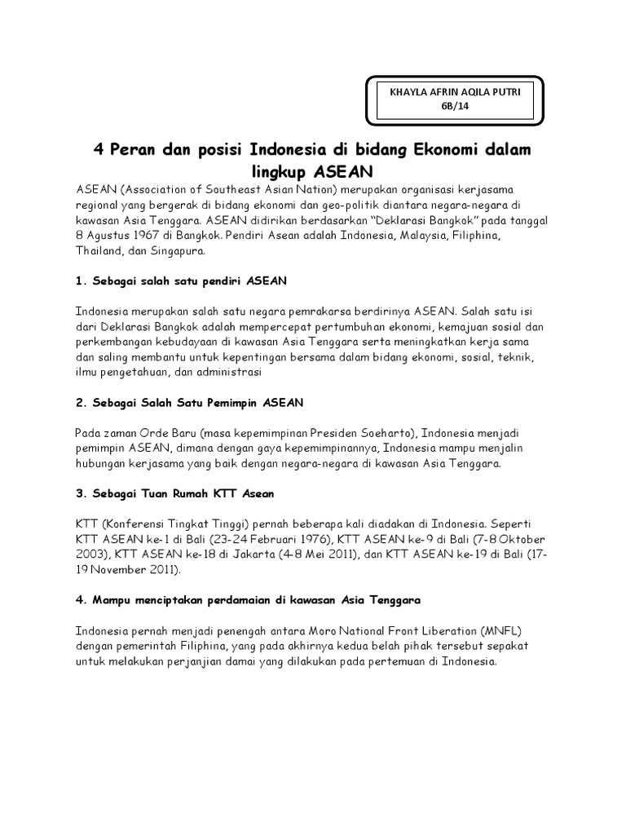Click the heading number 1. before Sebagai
(x=81, y=281)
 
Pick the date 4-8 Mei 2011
(x=302, y=554)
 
